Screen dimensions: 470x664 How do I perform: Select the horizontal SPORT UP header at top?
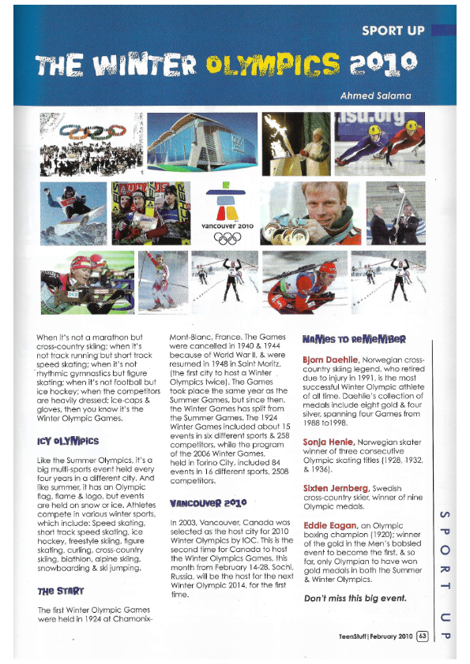(x=393, y=32)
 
